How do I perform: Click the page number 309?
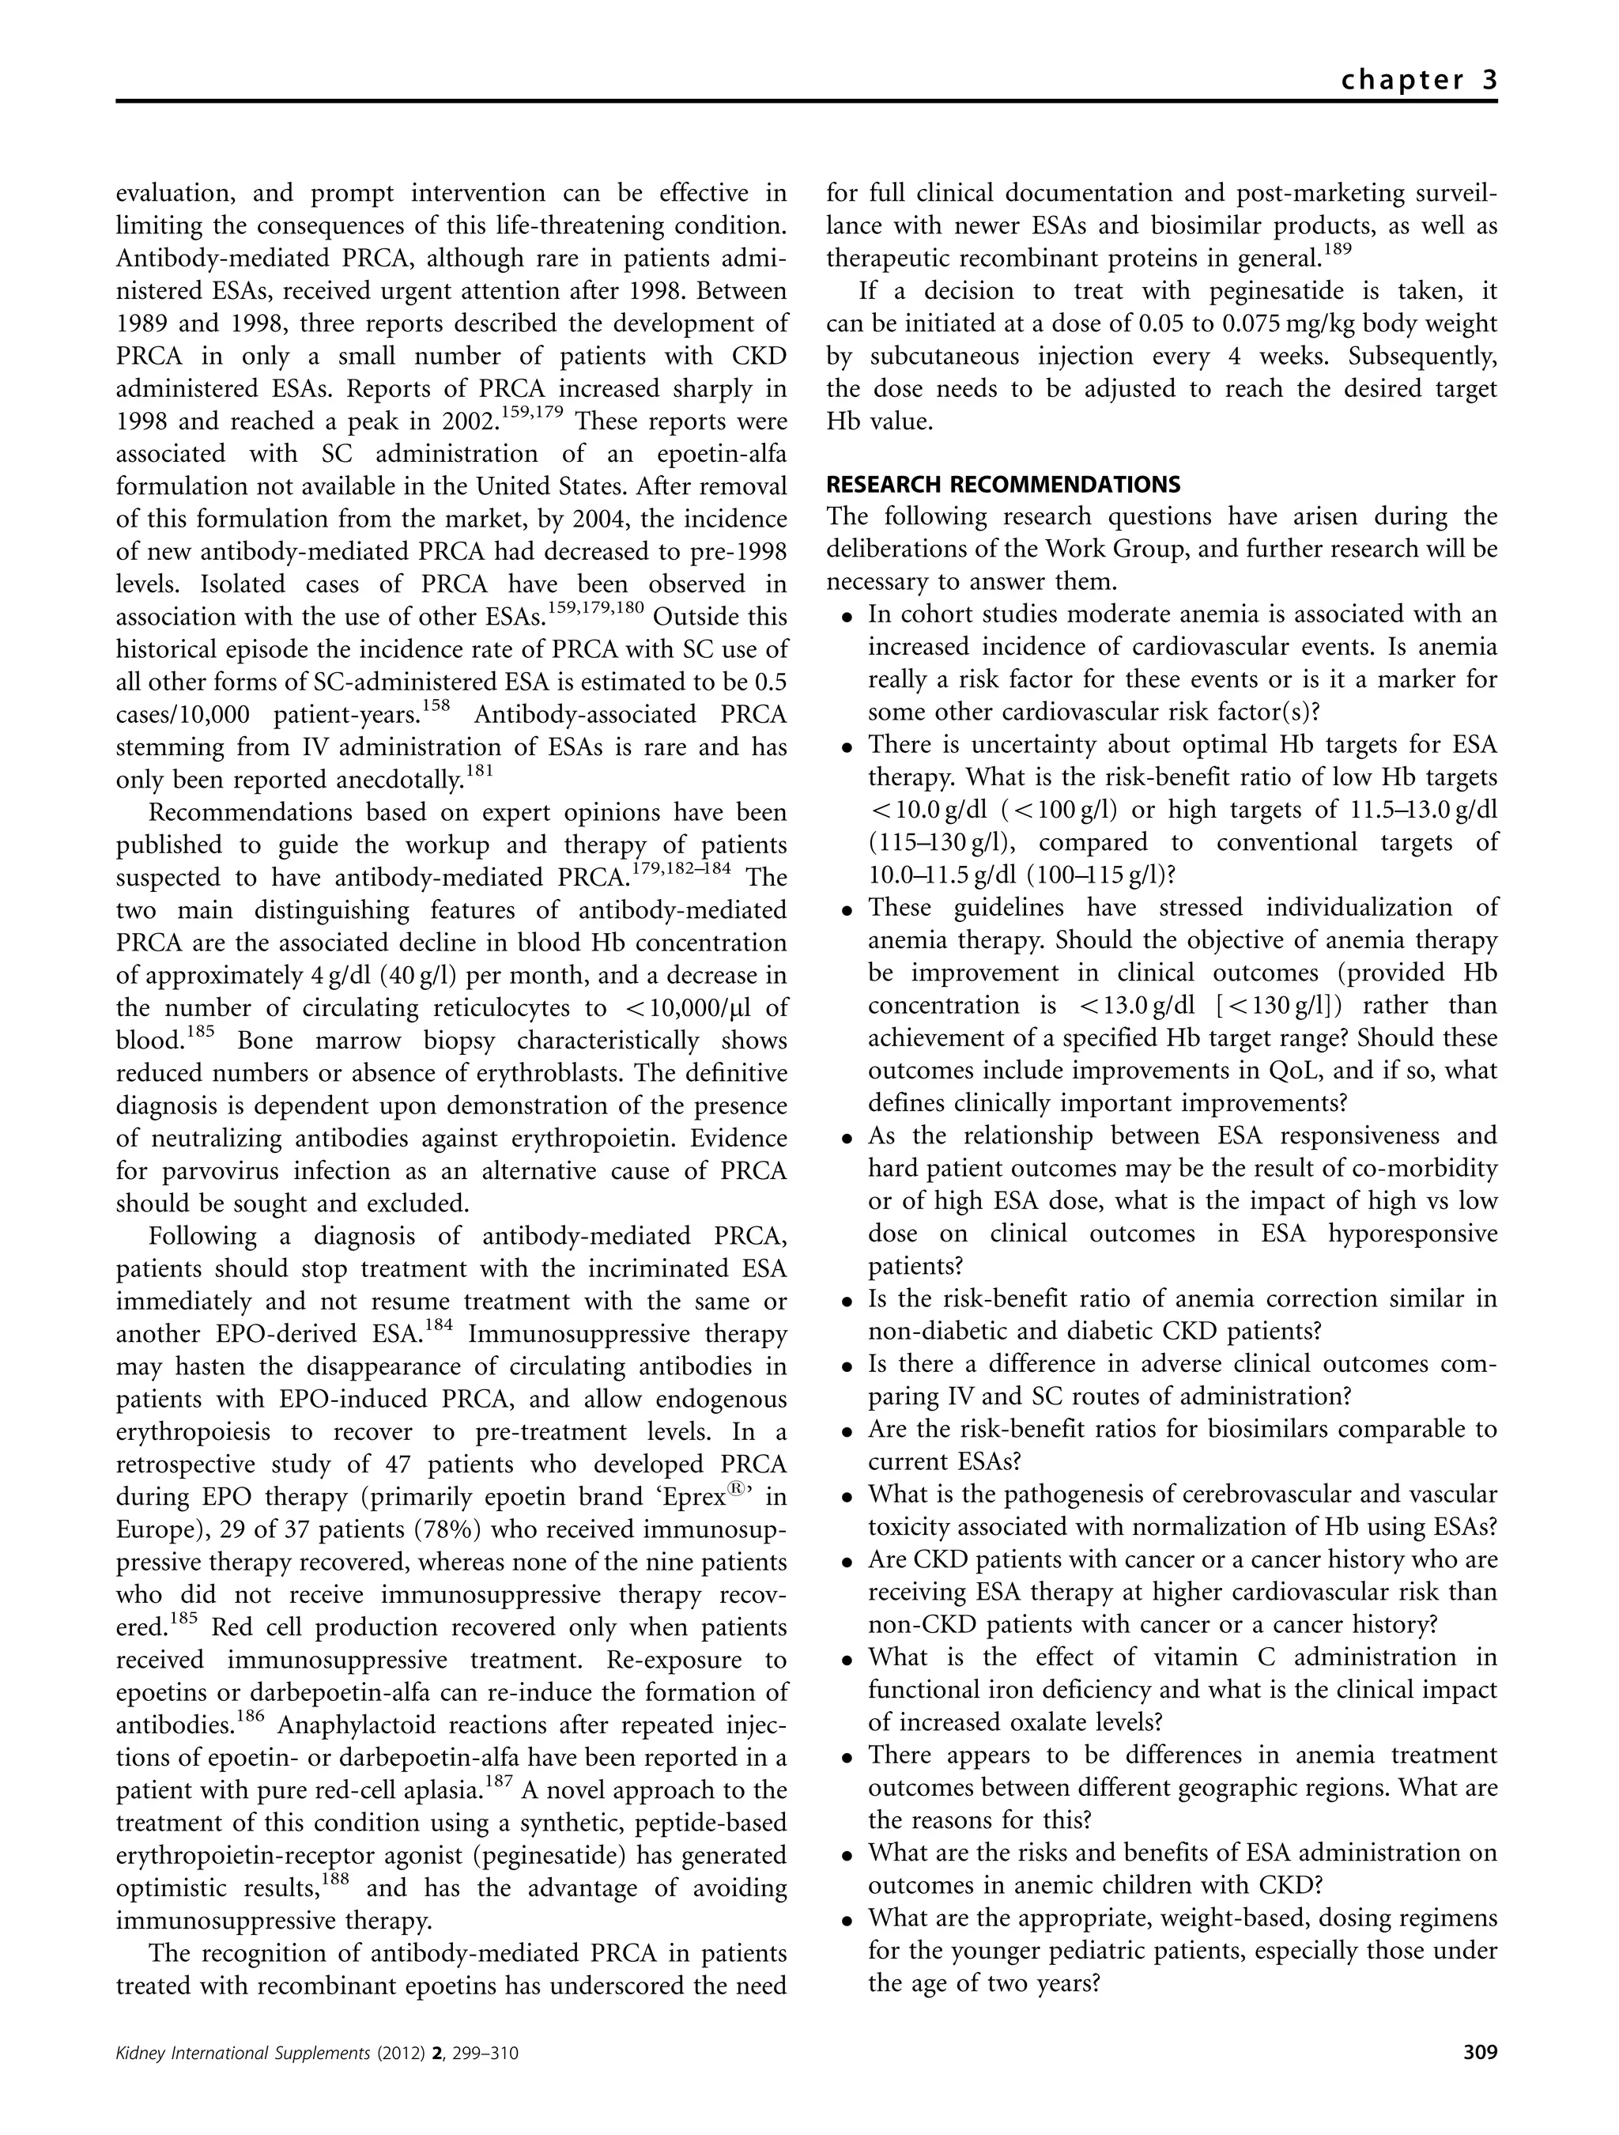1480,2080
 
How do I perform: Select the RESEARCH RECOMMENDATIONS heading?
1003,484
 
